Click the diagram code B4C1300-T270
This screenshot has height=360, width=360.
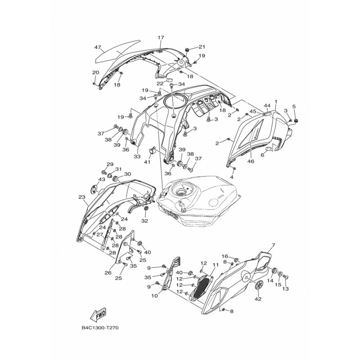tap(100, 328)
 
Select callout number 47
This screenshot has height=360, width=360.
tap(98, 48)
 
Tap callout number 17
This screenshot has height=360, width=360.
tap(161, 37)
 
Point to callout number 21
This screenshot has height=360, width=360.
tap(202, 47)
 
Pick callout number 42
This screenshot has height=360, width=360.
tap(258, 299)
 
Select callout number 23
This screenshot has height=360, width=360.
tap(82, 197)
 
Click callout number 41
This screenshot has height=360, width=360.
tap(147, 162)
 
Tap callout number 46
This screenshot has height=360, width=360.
tap(251, 162)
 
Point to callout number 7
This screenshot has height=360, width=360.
tap(273, 246)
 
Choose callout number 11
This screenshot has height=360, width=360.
tap(216, 265)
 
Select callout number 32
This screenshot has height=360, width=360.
tap(144, 221)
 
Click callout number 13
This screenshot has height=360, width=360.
tap(285, 289)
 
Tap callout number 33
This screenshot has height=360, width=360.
tap(137, 157)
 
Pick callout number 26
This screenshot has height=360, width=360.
tap(108, 273)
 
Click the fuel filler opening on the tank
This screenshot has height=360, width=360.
tap(180, 191)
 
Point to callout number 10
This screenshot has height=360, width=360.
tap(154, 296)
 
